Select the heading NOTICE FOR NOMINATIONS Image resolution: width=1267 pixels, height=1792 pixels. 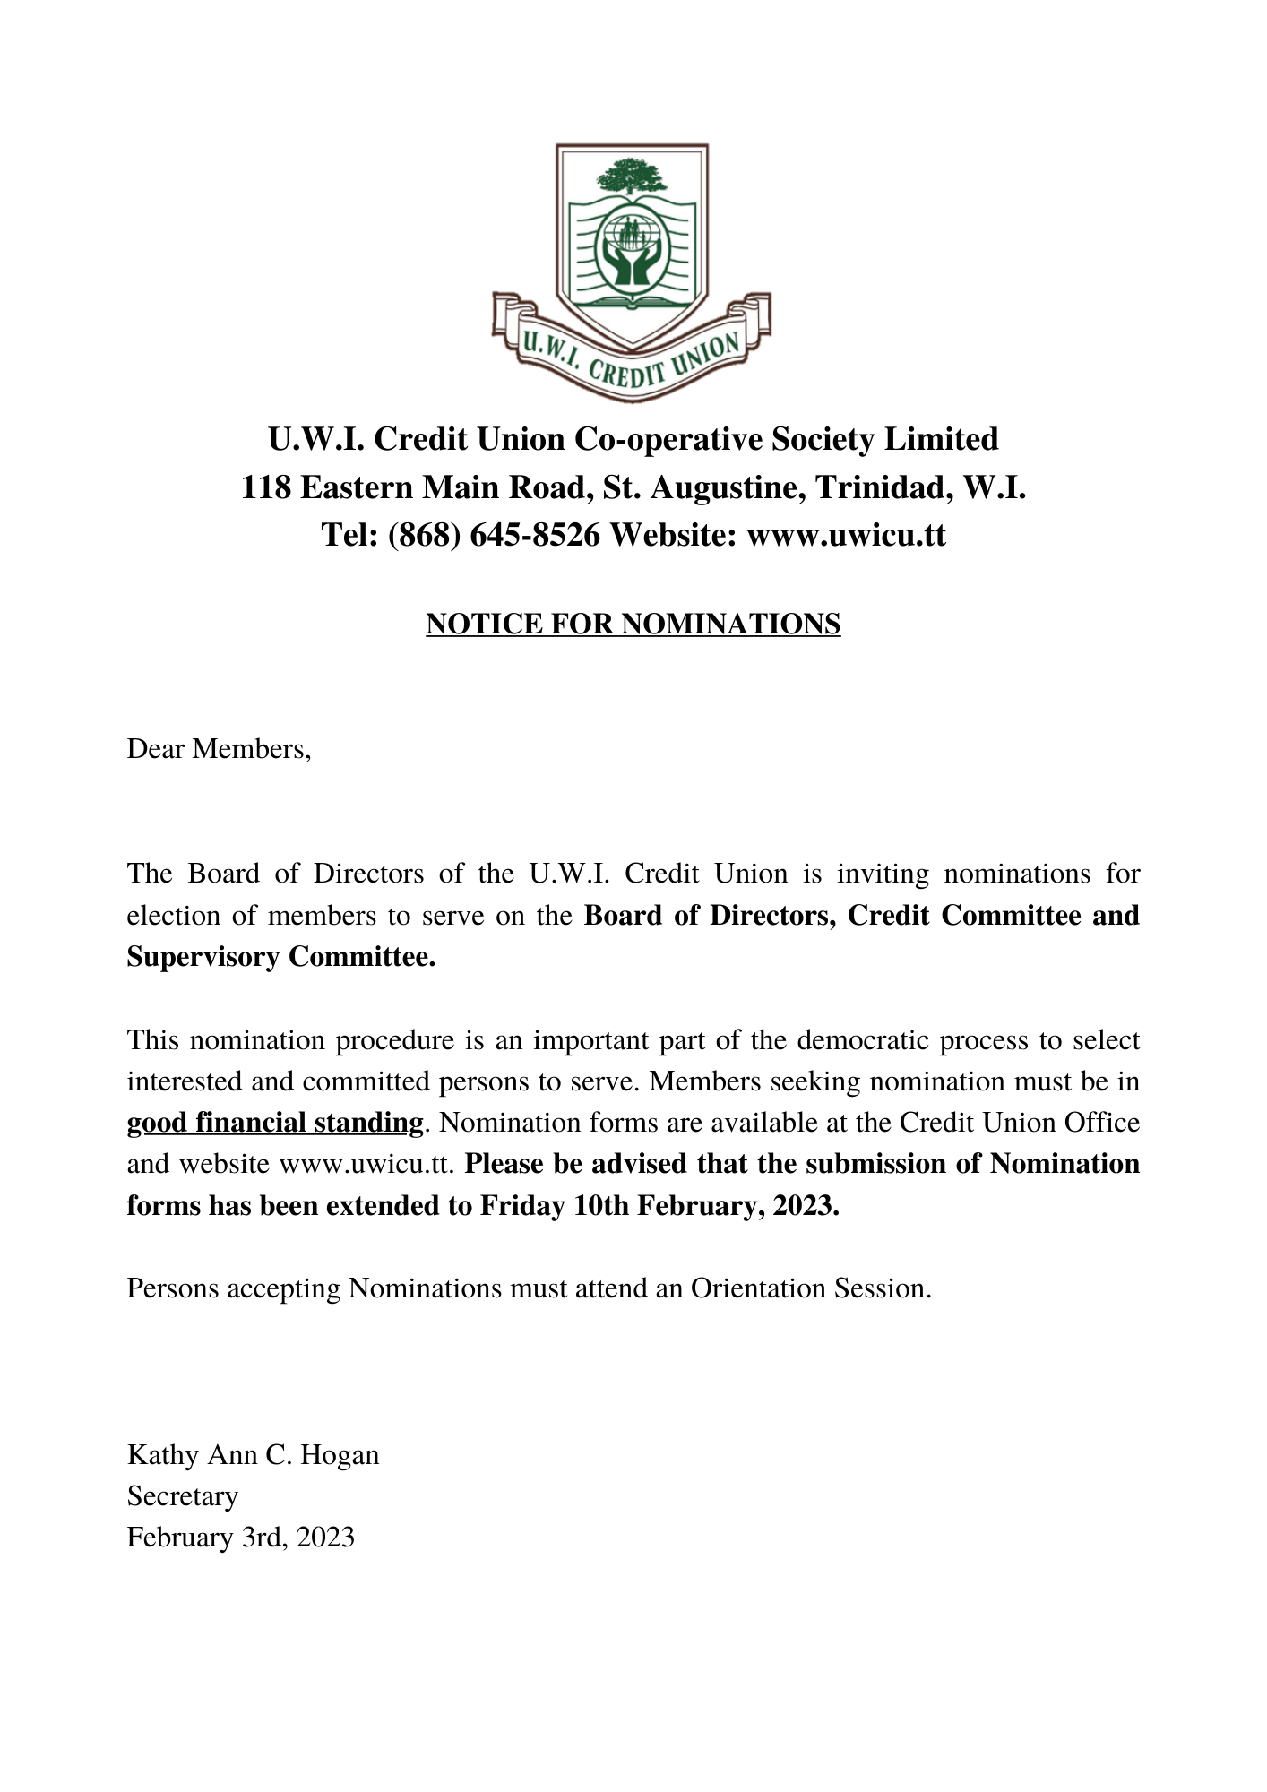pyautogui.click(x=633, y=624)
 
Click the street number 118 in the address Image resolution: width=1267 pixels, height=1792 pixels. pyautogui.click(x=265, y=487)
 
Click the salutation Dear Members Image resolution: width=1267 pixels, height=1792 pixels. pyautogui.click(x=219, y=748)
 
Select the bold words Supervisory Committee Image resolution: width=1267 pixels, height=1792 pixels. pyautogui.click(x=280, y=957)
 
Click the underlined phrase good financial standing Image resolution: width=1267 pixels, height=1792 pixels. pyautogui.click(x=274, y=1123)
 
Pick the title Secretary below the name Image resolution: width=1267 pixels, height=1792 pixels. pyautogui.click(x=183, y=1495)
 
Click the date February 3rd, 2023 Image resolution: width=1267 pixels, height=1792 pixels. pyautogui.click(x=240, y=1537)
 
